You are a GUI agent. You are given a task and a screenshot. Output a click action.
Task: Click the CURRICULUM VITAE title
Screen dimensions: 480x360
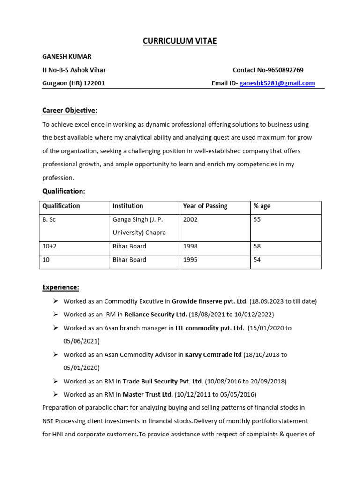tap(180, 41)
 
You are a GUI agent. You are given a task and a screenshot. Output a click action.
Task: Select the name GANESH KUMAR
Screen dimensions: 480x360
tap(67, 57)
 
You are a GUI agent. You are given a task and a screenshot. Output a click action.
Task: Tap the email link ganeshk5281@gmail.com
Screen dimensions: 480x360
tap(277, 83)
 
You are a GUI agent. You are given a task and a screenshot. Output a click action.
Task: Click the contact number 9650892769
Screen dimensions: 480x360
tap(285, 70)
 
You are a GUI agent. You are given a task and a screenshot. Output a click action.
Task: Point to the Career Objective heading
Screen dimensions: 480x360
tap(70, 110)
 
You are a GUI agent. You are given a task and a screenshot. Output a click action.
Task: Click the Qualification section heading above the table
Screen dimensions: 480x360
tap(64, 191)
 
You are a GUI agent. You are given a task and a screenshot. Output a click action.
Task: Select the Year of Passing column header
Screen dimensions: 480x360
tap(205, 206)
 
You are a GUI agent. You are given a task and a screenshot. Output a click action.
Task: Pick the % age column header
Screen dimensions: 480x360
tap(262, 206)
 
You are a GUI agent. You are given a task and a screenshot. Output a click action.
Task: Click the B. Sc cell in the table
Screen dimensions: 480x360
tap(49, 219)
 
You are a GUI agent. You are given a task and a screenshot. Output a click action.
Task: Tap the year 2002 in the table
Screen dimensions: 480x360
tap(190, 219)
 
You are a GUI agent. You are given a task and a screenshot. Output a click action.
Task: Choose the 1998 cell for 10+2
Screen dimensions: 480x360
tap(190, 246)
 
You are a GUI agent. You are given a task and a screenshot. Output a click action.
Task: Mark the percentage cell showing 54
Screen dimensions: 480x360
tap(257, 260)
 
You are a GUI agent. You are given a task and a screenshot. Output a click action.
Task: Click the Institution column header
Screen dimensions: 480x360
tap(128, 206)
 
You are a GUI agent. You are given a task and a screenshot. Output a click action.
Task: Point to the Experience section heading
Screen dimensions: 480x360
tap(61, 287)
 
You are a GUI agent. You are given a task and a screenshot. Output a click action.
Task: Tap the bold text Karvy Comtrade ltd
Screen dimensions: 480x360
tap(213, 355)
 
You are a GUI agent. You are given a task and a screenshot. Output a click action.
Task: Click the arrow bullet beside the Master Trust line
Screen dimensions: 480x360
tap(55, 394)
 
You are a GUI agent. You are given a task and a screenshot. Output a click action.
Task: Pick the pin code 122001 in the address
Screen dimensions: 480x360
tap(94, 83)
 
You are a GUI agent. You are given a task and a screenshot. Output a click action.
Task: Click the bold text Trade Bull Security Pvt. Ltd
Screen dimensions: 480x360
tap(163, 381)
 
